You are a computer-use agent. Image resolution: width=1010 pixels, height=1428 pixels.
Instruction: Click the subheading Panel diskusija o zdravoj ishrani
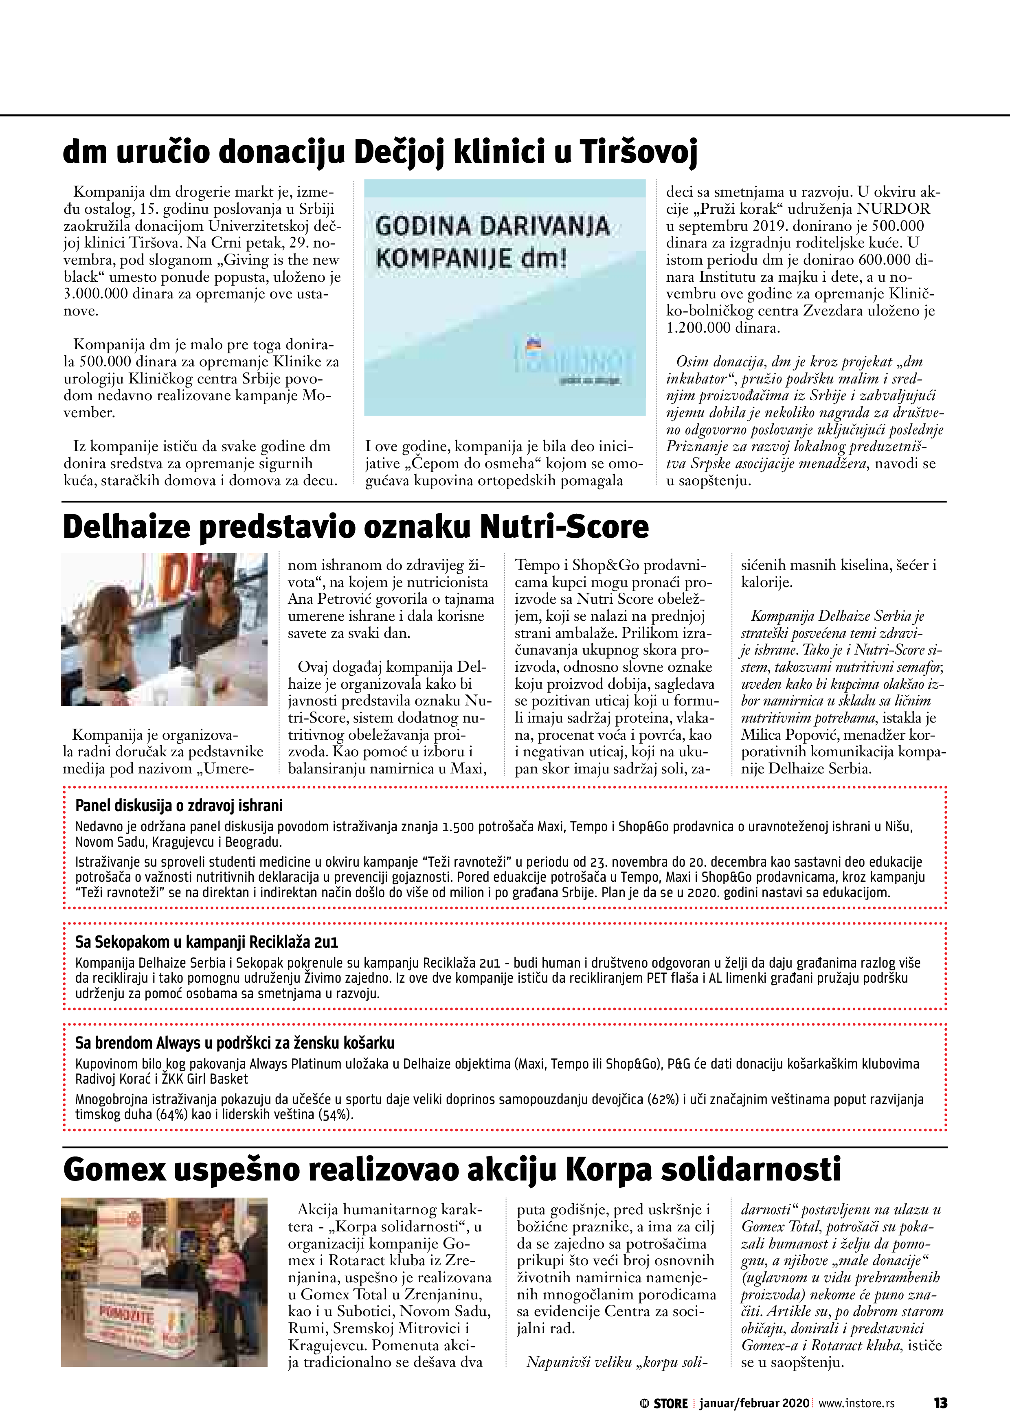coord(179,806)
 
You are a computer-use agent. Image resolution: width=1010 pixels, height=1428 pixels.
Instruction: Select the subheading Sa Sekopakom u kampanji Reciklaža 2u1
coord(206,942)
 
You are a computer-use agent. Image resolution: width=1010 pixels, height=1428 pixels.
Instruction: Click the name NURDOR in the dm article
coord(893,209)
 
